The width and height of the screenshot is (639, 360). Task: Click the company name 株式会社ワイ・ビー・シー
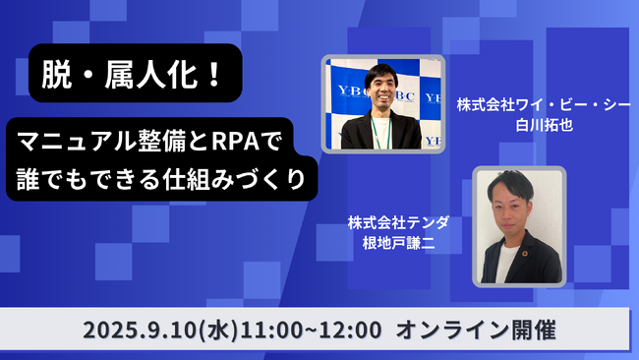tap(542, 103)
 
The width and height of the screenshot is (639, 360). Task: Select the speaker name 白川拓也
tap(542, 126)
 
